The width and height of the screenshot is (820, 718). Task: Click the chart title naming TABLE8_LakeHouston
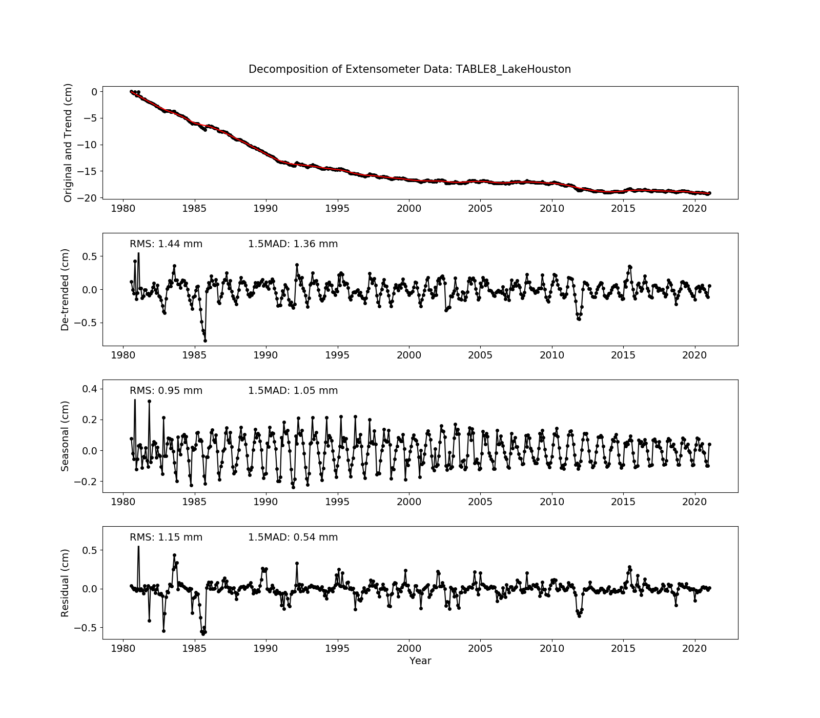[x=409, y=69]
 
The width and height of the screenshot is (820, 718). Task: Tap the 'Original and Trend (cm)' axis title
[x=68, y=143]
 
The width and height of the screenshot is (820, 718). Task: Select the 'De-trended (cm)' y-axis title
[x=65, y=289]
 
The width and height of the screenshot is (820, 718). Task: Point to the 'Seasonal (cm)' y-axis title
[x=65, y=436]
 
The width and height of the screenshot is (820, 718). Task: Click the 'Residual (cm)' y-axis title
[x=65, y=583]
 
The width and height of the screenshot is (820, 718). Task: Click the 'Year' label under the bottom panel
[x=420, y=661]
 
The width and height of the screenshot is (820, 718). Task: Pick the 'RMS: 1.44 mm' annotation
[x=166, y=244]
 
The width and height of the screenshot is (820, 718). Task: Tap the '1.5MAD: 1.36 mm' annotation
[x=293, y=244]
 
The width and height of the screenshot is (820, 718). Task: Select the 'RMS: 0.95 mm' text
[x=166, y=391]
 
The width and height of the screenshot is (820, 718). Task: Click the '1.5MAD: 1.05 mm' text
[x=293, y=391]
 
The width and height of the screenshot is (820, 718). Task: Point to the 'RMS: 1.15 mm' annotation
[x=166, y=537]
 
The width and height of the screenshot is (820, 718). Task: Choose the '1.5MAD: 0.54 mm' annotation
[x=293, y=537]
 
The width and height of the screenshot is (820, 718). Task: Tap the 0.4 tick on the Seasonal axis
[x=90, y=389]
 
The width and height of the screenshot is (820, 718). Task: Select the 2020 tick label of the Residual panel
[x=694, y=648]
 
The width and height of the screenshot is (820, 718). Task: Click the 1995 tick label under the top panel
[x=337, y=208]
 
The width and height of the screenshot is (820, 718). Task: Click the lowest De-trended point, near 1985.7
[x=205, y=341]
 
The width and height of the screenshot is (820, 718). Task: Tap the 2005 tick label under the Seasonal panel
[x=480, y=502]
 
